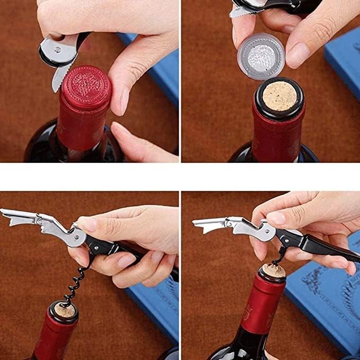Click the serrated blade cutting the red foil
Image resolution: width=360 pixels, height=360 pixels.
pyautogui.click(x=60, y=77)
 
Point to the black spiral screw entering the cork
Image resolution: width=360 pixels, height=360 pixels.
pyautogui.click(x=75, y=286)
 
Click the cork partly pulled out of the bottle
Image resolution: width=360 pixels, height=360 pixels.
pyautogui.click(x=272, y=271)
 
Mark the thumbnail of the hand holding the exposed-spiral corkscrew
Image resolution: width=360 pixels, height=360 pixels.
pyautogui.click(x=87, y=224)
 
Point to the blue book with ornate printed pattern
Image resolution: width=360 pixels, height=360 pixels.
pyautogui.click(x=329, y=297)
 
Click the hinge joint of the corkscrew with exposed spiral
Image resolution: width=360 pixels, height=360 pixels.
pyautogui.click(x=80, y=236)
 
